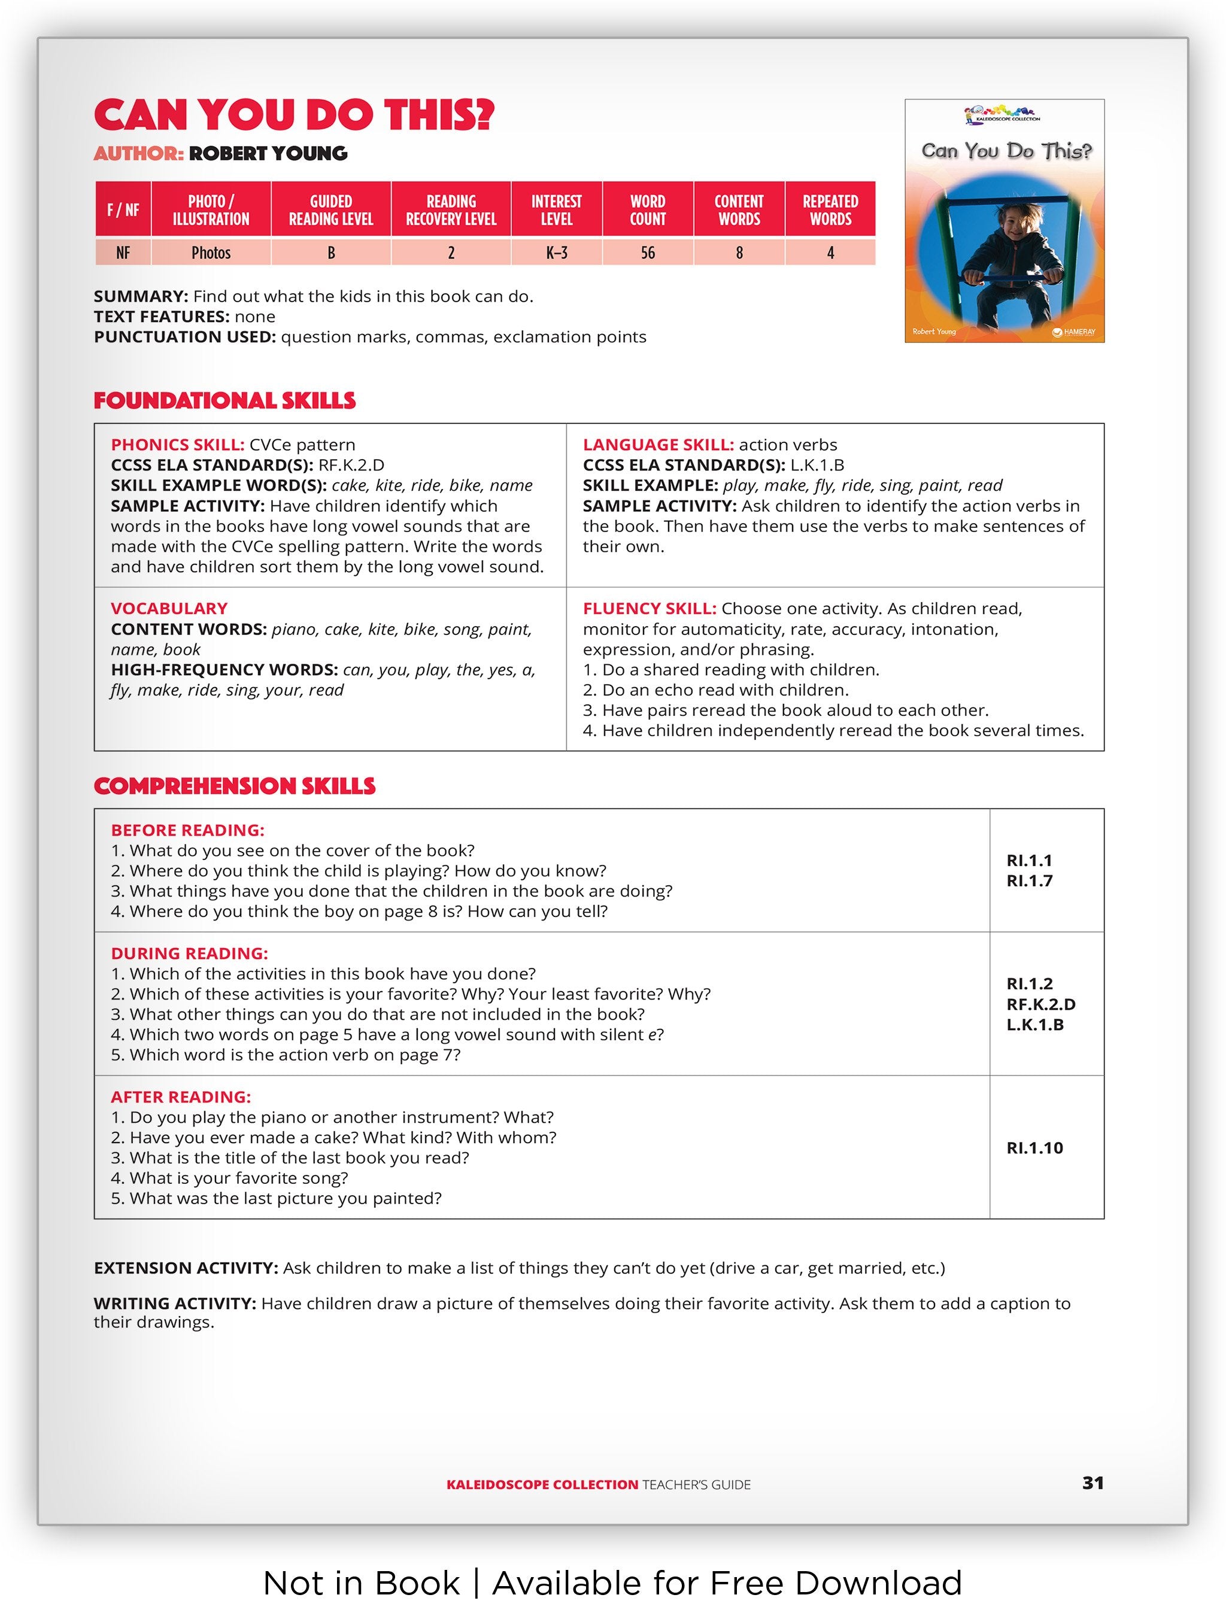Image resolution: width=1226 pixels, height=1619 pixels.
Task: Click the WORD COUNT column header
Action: [x=647, y=210]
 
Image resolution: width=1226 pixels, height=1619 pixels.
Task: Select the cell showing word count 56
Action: [x=647, y=253]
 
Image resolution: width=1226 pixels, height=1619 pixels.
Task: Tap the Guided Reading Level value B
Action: [x=331, y=253]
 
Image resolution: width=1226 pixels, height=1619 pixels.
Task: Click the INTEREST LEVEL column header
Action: [x=556, y=210]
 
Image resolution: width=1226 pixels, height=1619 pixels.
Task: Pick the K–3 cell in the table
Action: [x=556, y=253]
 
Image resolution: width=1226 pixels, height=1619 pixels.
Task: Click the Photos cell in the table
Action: [x=211, y=253]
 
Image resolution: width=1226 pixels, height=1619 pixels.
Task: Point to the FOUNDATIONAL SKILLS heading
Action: [x=224, y=401]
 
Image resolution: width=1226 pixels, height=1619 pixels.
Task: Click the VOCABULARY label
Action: [x=169, y=609]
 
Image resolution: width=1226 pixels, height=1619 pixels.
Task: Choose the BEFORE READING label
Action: [x=187, y=831]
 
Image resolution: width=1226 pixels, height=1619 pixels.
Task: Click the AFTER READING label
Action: [x=181, y=1097]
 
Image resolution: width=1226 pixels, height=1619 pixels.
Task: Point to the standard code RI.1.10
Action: [x=1034, y=1147]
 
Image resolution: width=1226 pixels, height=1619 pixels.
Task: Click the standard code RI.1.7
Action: [x=1029, y=881]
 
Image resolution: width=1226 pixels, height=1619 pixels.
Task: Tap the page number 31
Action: [x=1092, y=1483]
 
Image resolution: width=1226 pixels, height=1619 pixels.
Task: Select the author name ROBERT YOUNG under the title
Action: [x=268, y=154]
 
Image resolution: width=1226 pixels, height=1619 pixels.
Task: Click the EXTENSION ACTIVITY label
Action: [x=186, y=1268]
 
